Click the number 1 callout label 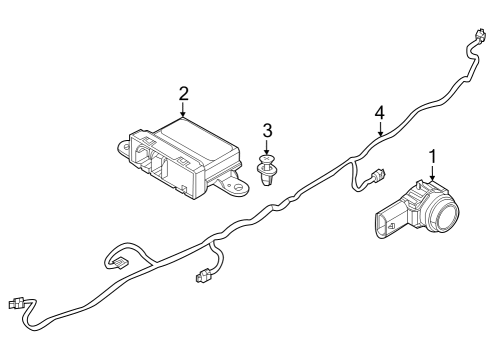click(433, 157)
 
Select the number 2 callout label click(183, 94)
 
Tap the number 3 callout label click(267, 130)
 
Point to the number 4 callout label click(380, 113)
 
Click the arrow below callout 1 click(433, 175)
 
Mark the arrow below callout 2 click(183, 112)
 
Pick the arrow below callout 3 click(267, 148)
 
